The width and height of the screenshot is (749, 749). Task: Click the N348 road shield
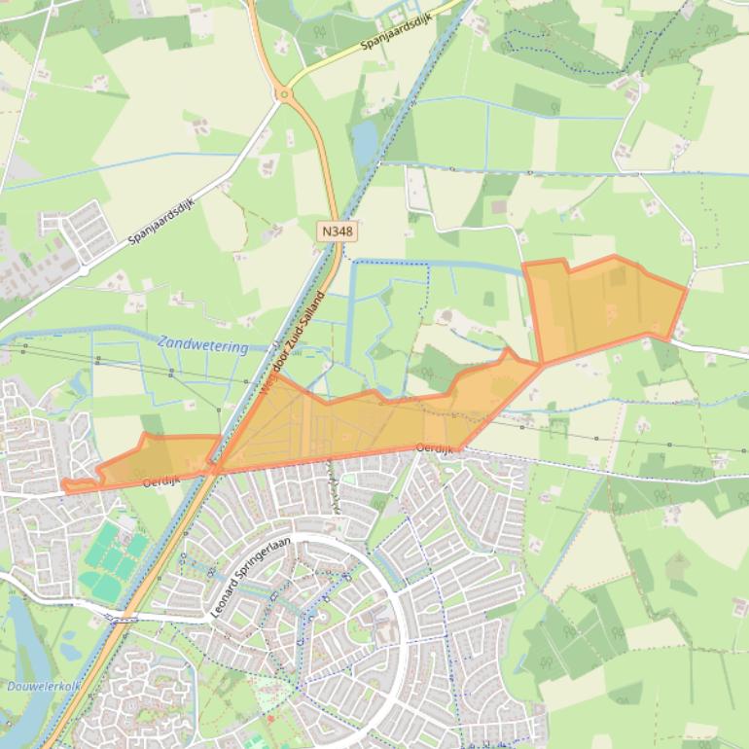click(x=336, y=231)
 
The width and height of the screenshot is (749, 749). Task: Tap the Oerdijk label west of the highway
click(x=161, y=481)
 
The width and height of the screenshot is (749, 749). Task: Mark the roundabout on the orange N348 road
click(x=284, y=94)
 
